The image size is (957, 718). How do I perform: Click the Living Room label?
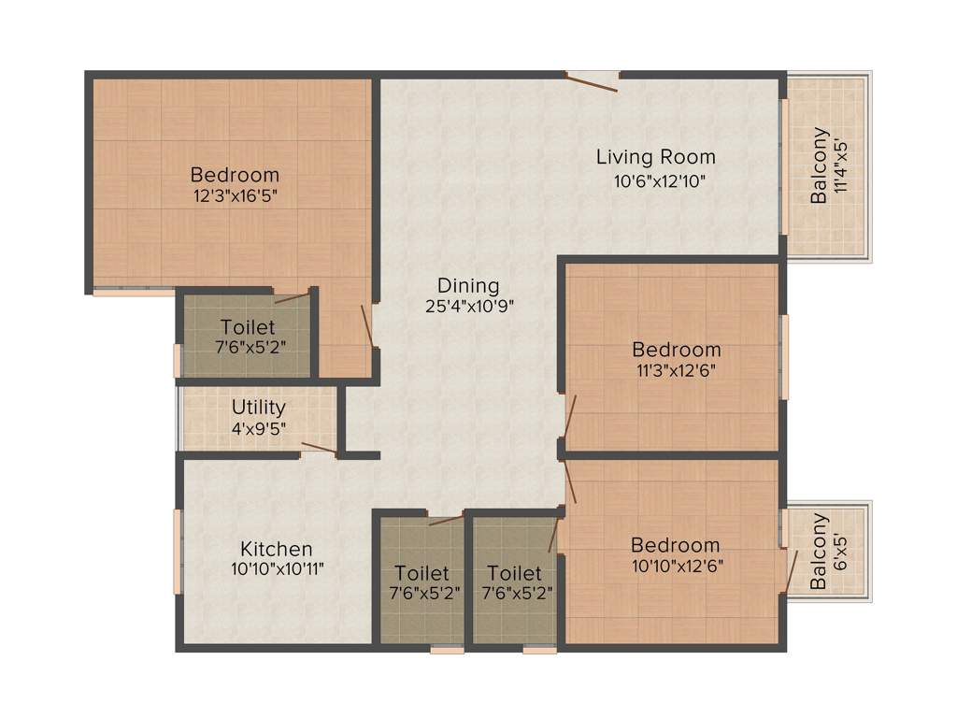pos(656,157)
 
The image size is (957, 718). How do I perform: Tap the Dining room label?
pos(469,285)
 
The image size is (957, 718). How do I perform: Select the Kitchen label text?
pos(277,549)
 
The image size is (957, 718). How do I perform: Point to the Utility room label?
pos(259,409)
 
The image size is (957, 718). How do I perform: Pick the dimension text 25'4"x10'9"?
pos(469,306)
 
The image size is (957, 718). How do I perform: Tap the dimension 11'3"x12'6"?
pos(677,369)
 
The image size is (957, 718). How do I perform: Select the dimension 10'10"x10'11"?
pos(277,568)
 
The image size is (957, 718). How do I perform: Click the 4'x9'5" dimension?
pos(259,428)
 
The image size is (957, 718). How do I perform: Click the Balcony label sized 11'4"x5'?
pos(819,165)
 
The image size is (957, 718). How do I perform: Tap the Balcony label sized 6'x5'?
pos(819,551)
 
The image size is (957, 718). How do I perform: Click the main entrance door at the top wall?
pos(593,82)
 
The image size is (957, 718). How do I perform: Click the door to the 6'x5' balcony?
pos(791,569)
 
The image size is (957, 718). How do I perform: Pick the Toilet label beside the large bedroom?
pos(248,327)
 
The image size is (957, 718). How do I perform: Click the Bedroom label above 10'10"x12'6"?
pos(675,545)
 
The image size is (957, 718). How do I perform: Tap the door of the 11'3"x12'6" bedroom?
pos(570,417)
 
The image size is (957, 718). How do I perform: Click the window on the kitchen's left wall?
pos(177,551)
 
